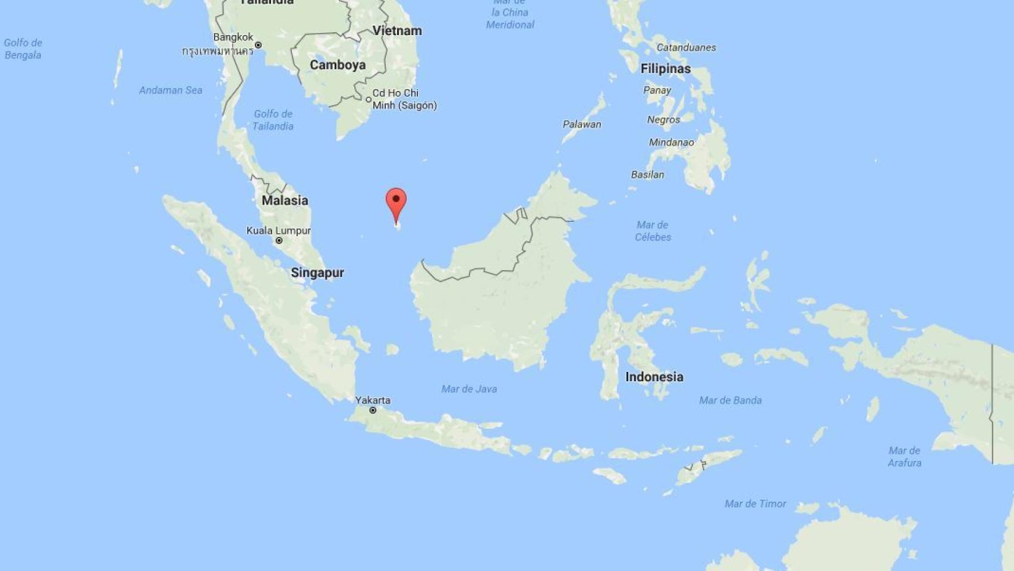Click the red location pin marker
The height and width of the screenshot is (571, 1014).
tap(396, 202)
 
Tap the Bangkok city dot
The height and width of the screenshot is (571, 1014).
tap(258, 45)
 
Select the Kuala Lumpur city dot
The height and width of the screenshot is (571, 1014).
tap(279, 241)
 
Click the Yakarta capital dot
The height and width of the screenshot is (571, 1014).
tap(373, 410)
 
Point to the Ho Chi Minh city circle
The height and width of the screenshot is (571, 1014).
tap(369, 99)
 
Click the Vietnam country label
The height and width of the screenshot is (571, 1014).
tap(397, 31)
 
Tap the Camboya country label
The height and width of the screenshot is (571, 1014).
tap(338, 65)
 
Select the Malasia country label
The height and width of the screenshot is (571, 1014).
tap(285, 200)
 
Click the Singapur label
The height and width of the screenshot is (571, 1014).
tap(317, 272)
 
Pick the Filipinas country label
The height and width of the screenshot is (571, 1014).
tap(666, 69)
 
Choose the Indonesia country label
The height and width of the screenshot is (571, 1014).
tap(654, 377)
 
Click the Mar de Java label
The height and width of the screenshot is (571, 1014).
tap(469, 389)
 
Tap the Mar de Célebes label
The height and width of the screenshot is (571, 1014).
tap(653, 231)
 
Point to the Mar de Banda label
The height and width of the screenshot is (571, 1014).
tap(730, 400)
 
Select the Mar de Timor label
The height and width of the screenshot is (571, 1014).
tap(755, 504)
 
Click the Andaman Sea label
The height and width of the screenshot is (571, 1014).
tap(171, 90)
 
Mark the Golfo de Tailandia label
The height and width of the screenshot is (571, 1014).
tap(273, 120)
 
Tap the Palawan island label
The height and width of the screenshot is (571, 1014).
tap(582, 124)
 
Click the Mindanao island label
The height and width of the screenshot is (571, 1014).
tap(672, 142)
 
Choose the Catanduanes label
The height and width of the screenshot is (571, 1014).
tap(686, 48)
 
